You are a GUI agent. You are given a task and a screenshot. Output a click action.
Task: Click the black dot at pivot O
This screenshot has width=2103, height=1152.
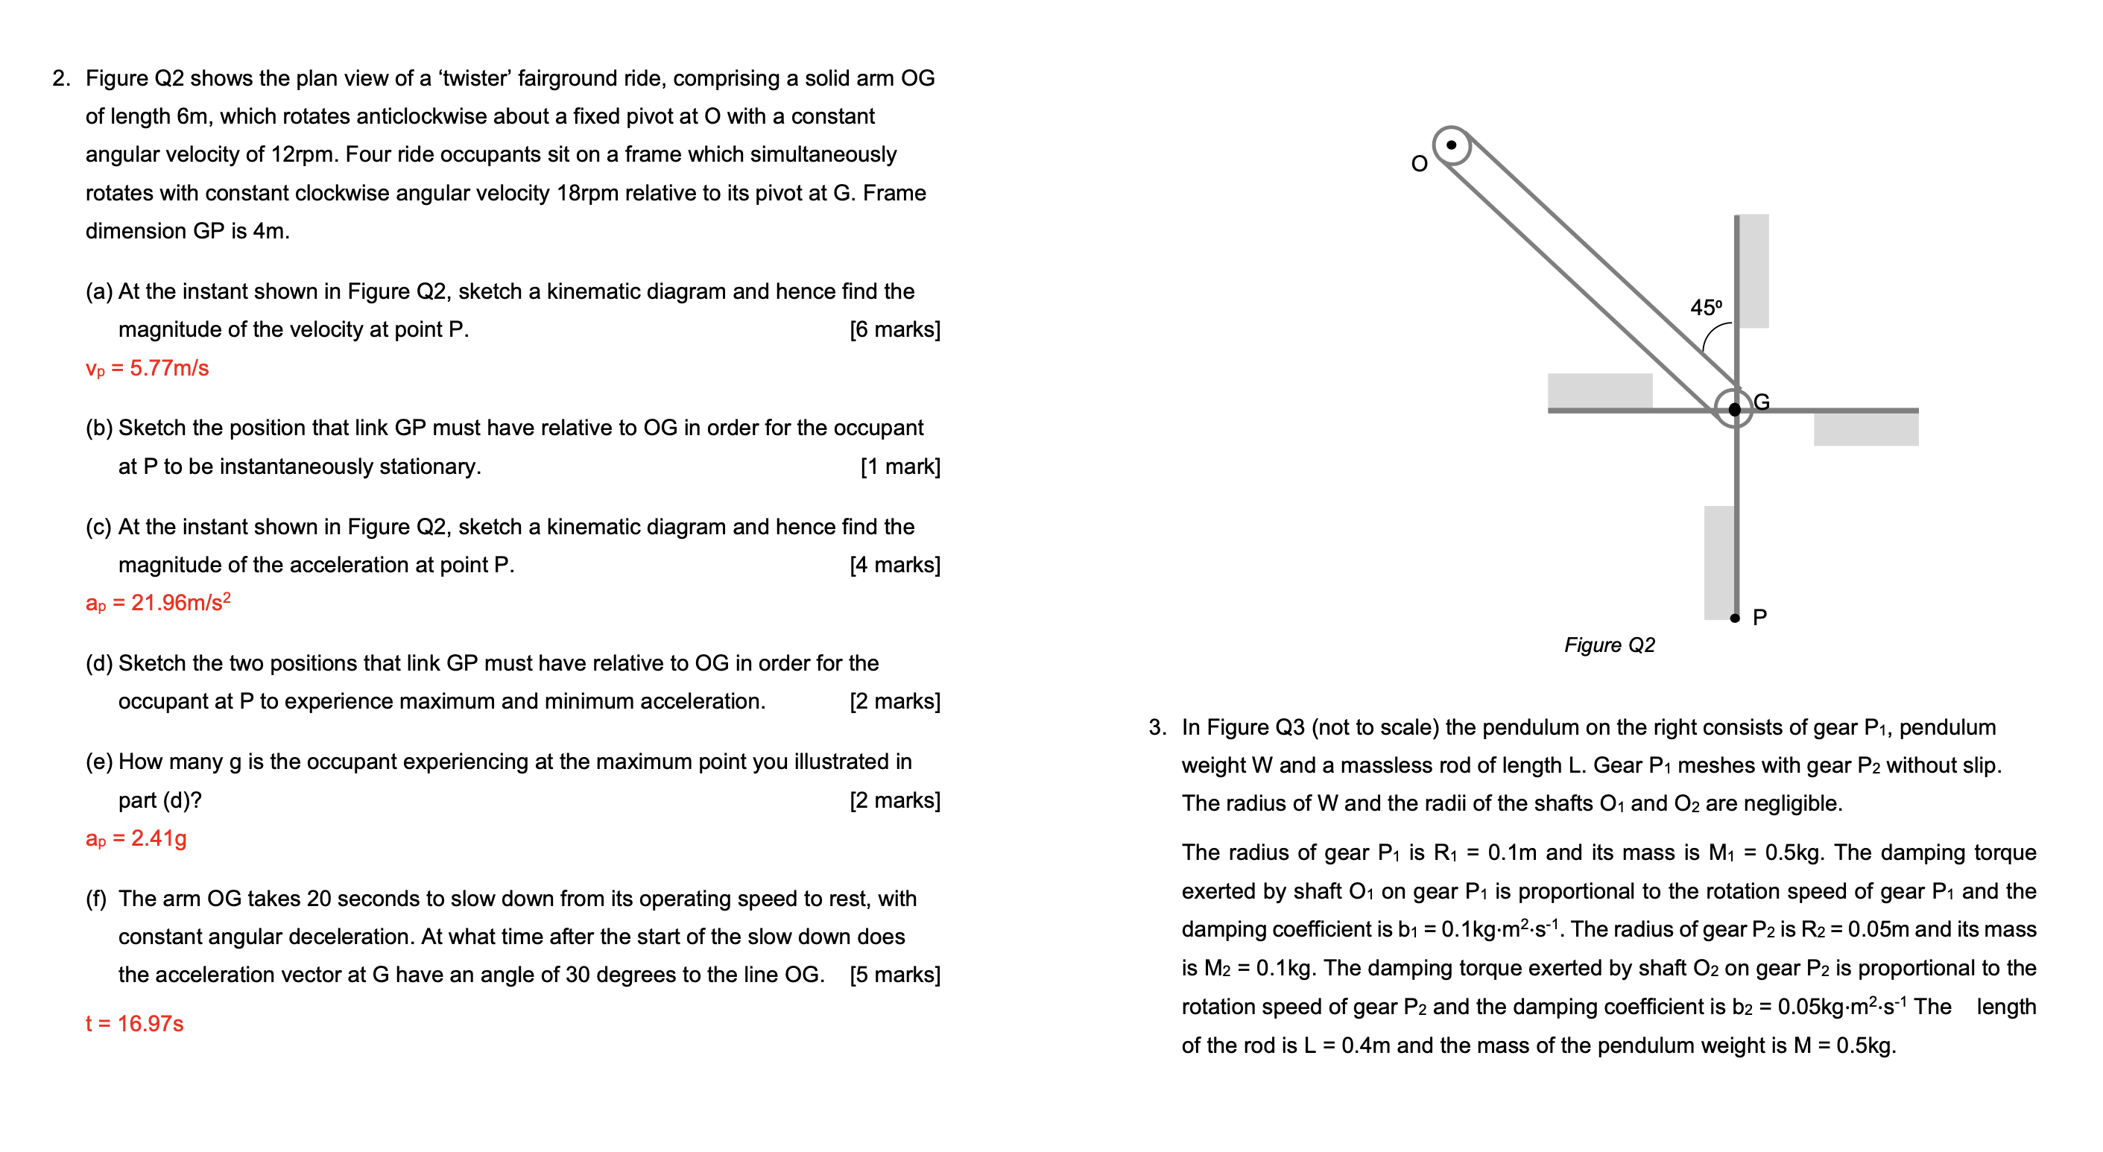click(x=1451, y=145)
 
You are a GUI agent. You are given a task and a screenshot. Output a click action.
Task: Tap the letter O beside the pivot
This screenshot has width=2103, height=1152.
click(x=1419, y=164)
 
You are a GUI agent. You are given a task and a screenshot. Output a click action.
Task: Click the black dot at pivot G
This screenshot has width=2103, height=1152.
click(x=1734, y=409)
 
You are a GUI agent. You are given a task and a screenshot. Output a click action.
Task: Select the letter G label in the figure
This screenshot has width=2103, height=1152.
click(x=1762, y=402)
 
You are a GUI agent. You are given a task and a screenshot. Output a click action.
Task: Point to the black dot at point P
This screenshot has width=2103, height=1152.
click(x=1735, y=618)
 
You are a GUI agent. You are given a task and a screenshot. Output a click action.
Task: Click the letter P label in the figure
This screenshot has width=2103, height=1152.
click(x=1760, y=617)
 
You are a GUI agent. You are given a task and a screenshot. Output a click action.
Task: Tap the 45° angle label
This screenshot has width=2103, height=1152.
click(x=1705, y=308)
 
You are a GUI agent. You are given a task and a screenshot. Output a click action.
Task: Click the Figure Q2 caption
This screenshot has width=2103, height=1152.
click(x=1609, y=645)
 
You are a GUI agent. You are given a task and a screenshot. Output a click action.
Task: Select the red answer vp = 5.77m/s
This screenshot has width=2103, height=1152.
click(x=147, y=368)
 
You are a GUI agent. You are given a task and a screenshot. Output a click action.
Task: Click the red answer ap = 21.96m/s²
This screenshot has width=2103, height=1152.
click(x=157, y=603)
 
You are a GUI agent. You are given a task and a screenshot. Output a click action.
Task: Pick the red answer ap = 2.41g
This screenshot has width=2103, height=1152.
click(x=136, y=838)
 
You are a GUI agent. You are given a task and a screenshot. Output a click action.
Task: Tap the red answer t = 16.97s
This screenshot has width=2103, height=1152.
click(x=134, y=1024)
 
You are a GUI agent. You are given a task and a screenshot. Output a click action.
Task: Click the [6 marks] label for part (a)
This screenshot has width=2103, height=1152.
click(x=895, y=329)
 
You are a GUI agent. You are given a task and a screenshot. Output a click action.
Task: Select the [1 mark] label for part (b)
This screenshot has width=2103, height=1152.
click(x=899, y=466)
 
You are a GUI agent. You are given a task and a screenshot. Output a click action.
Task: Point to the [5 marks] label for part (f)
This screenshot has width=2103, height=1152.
click(x=895, y=975)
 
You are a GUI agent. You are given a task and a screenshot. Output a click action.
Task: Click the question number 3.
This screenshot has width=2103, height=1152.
click(x=1157, y=727)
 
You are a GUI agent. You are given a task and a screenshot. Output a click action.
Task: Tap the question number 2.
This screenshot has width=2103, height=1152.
click(x=61, y=78)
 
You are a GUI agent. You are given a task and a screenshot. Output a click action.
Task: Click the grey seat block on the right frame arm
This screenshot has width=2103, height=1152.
click(x=1865, y=428)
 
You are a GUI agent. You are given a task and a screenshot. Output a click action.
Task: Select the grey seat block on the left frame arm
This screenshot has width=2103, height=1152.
click(x=1599, y=390)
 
